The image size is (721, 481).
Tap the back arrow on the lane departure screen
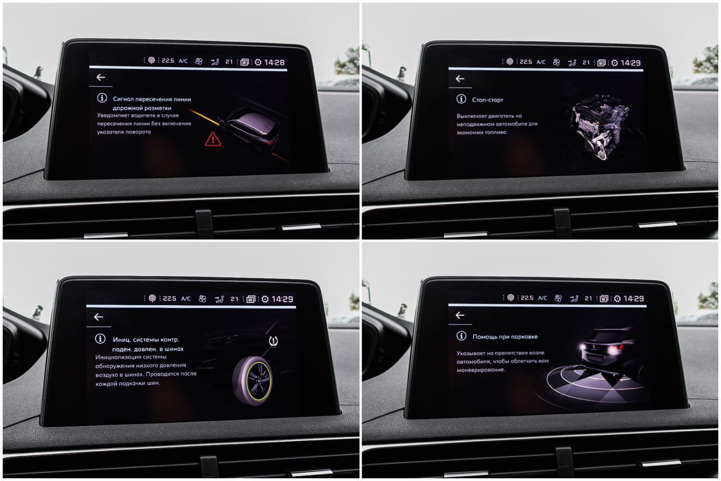pyautogui.click(x=101, y=77)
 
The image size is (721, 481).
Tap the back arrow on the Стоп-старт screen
pyautogui.click(x=460, y=78)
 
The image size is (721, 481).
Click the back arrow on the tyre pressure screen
pyautogui.click(x=99, y=317)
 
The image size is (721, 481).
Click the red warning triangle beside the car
pyautogui.click(x=213, y=139)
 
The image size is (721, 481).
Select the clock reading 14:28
pyautogui.click(x=274, y=63)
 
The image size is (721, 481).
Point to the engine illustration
pyautogui.click(x=600, y=127)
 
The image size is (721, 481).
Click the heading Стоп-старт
pyautogui.click(x=487, y=100)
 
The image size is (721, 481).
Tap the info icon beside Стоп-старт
pyautogui.click(x=461, y=99)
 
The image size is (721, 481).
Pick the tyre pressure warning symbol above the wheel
pyautogui.click(x=273, y=341)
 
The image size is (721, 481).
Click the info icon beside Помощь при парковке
pyautogui.click(x=461, y=336)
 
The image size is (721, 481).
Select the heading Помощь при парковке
pyautogui.click(x=505, y=337)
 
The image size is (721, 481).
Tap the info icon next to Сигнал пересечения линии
pyautogui.click(x=102, y=97)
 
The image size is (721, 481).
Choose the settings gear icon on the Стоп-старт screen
pyautogui.click(x=615, y=63)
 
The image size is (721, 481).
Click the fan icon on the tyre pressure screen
pyautogui.click(x=202, y=299)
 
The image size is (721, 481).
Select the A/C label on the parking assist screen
pyautogui.click(x=542, y=298)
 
